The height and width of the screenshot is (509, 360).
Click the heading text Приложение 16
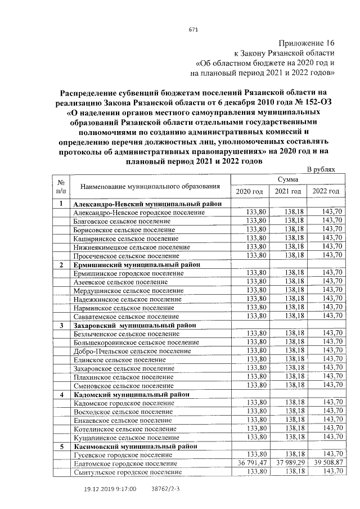[x=307, y=43]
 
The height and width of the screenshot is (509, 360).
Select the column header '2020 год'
[x=249, y=192]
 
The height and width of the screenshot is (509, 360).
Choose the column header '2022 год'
[x=326, y=192]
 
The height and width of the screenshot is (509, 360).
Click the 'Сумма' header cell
[x=287, y=179]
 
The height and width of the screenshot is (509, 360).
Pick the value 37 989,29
[x=289, y=463]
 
